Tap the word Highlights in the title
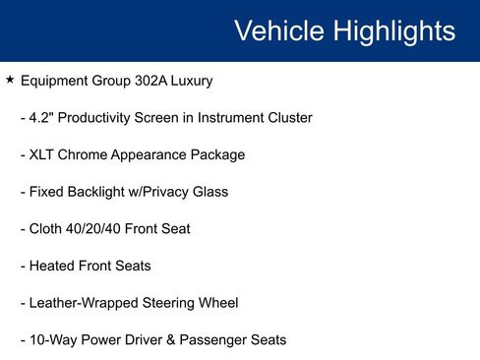393,30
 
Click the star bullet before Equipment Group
10,80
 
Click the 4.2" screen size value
43,118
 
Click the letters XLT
44,154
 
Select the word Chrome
88,154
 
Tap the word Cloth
46,229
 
